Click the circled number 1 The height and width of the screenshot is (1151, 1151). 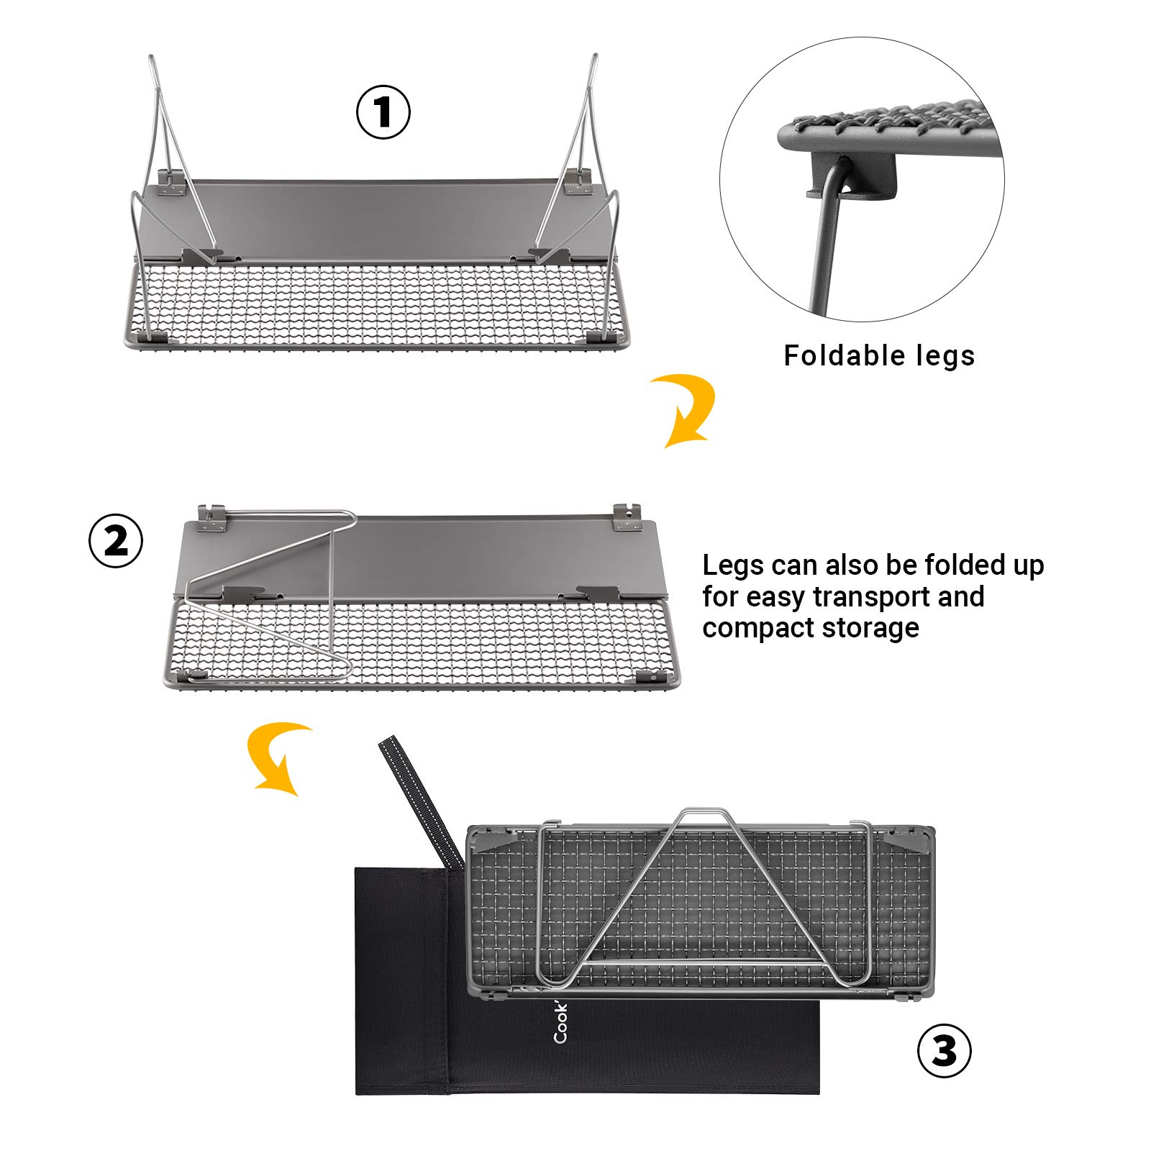point(383,112)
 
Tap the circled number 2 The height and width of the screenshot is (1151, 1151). point(116,541)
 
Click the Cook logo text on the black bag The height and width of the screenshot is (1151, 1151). point(560,1022)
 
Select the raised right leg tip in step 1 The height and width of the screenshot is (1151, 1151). point(594,60)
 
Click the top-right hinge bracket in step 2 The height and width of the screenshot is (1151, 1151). point(627,517)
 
